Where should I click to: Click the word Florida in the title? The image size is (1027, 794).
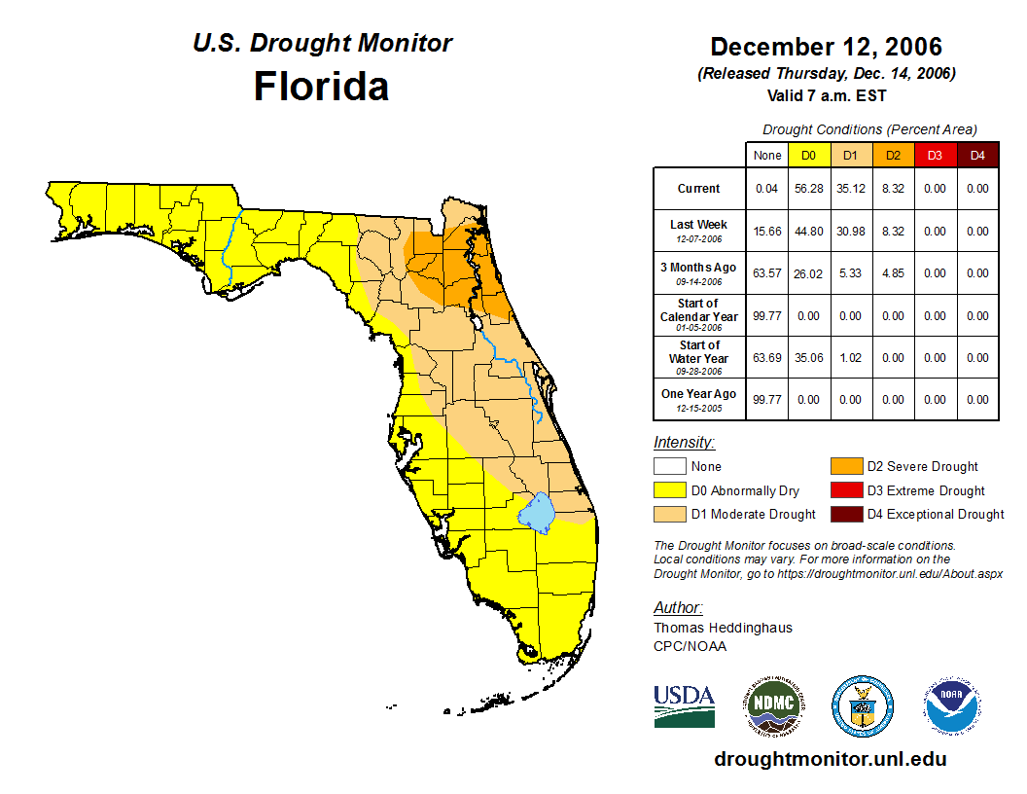[x=321, y=87]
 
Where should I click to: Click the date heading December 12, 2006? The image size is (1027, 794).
[x=826, y=47]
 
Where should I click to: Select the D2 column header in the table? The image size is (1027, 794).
[x=893, y=156]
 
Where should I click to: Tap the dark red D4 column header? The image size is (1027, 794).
[x=977, y=156]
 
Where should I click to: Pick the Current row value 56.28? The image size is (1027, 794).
[x=809, y=189]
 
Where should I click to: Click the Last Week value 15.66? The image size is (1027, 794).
[x=767, y=232]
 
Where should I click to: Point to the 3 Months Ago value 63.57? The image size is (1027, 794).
[x=767, y=273]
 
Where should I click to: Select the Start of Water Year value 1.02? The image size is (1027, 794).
[x=851, y=358]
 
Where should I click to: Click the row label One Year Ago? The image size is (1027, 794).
[x=699, y=395]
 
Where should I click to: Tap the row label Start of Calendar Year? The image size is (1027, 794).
[x=699, y=315]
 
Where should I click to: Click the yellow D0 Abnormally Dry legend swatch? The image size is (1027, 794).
[x=669, y=490]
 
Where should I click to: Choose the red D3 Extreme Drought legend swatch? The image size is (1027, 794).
[x=844, y=490]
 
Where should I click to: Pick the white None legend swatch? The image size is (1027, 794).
[x=669, y=467]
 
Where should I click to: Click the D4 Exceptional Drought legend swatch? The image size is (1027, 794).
[x=844, y=514]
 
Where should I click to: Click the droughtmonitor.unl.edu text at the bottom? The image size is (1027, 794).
[x=830, y=759]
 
